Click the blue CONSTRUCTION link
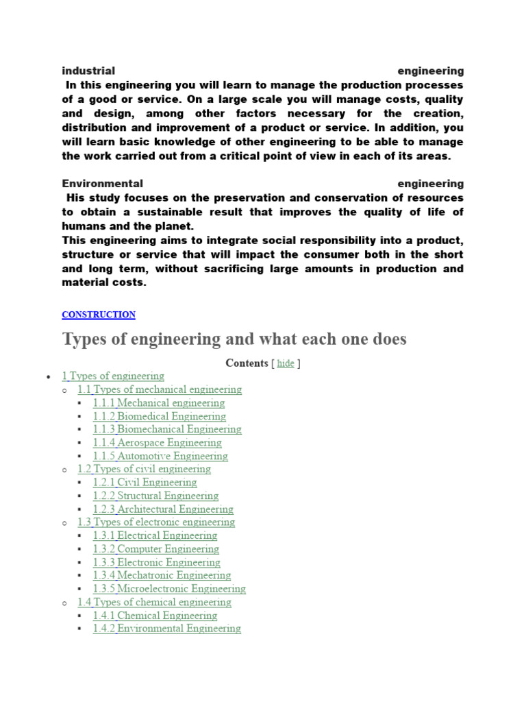pyautogui.click(x=99, y=315)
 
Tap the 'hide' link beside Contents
pyautogui.click(x=286, y=363)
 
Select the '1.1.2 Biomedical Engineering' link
pyautogui.click(x=160, y=416)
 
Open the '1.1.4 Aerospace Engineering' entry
pyautogui.click(x=158, y=443)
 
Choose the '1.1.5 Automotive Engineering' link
pyautogui.click(x=160, y=456)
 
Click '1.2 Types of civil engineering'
pyautogui.click(x=145, y=469)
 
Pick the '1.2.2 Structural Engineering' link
pyautogui.click(x=155, y=496)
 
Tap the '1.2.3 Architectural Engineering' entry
pyautogui.click(x=163, y=509)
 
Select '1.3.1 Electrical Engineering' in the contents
pyautogui.click(x=155, y=535)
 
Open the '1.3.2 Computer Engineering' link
pyautogui.click(x=156, y=549)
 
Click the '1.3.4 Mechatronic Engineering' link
pyautogui.click(x=162, y=575)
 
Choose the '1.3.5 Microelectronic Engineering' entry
pyautogui.click(x=169, y=588)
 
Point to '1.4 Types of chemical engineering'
pyautogui.click(x=155, y=602)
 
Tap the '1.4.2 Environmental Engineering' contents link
pyautogui.click(x=166, y=628)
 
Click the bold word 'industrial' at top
pyautogui.click(x=88, y=71)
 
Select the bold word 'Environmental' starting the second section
pyautogui.click(x=103, y=184)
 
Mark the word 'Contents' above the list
pyautogui.click(x=247, y=363)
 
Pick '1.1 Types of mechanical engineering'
pyautogui.click(x=160, y=389)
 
